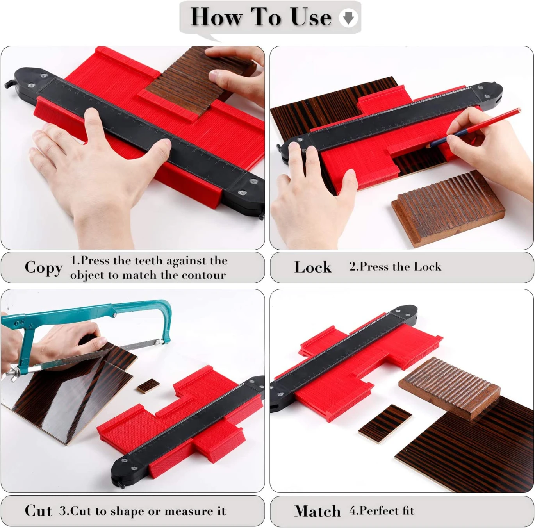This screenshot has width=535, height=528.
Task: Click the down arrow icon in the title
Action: point(348,18)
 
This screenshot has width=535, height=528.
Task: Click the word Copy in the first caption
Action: point(43,268)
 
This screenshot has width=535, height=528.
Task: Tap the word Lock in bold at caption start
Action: point(313,267)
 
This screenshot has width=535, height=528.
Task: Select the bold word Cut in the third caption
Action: point(38,510)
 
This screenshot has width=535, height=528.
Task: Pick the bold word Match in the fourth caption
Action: point(317,511)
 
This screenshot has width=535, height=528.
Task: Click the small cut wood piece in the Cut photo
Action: point(148,386)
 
